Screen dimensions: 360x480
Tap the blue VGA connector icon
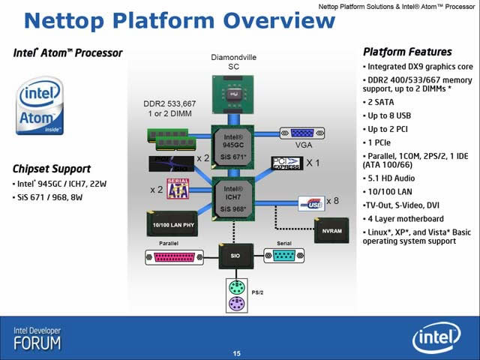(x=301, y=133)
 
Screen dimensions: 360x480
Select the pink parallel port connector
(x=173, y=257)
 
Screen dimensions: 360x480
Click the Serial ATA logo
(x=178, y=190)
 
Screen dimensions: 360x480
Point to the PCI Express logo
(x=286, y=163)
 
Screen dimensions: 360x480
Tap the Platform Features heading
(x=407, y=52)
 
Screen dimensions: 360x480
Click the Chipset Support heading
(x=52, y=168)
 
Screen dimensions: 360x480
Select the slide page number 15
(x=237, y=353)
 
